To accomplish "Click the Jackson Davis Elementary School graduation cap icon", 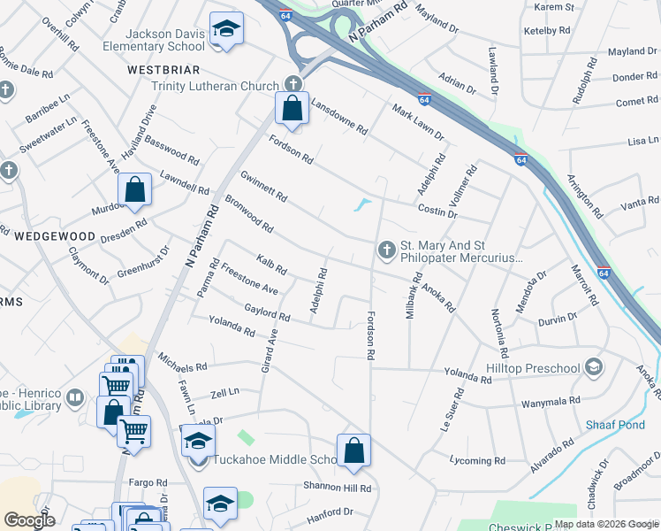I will tap(227, 30).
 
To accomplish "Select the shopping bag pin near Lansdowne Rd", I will tap(292, 108).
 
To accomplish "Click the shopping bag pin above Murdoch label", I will tap(134, 189).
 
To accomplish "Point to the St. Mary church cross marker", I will tap(386, 251).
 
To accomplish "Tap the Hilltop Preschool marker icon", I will tap(594, 367).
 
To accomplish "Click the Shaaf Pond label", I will tap(615, 425).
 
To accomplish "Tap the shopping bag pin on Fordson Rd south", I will tap(353, 450).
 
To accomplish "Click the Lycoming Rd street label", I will tap(477, 461).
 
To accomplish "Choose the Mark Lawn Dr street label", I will tap(418, 123).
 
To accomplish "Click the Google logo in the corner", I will tap(29, 520).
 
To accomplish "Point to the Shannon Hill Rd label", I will tap(337, 489).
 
